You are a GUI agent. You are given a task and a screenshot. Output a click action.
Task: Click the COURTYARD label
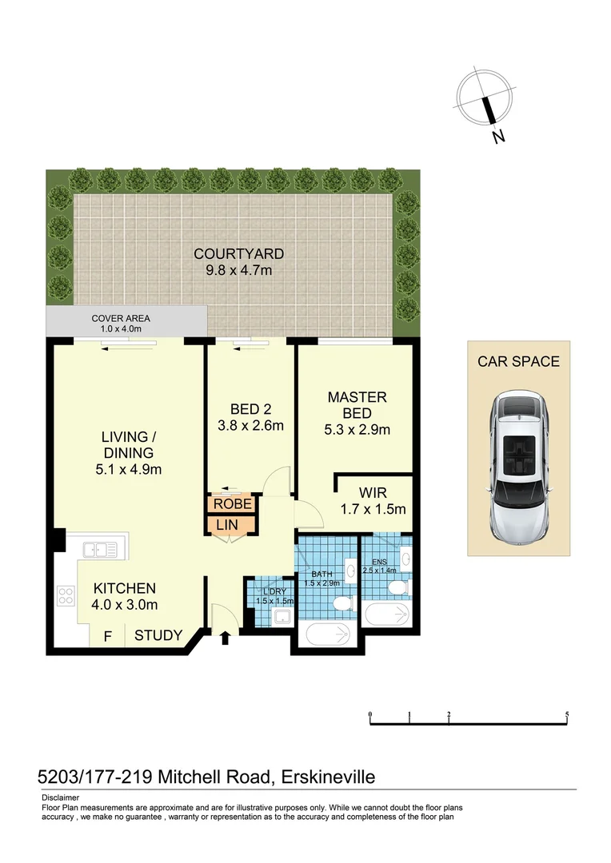coord(238,254)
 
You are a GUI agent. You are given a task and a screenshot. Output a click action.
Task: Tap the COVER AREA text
coord(120,318)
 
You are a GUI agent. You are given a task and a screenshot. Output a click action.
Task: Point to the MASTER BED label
coord(357,405)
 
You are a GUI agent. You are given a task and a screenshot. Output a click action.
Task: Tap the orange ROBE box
coord(233,504)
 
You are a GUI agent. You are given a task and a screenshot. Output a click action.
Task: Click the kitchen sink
coord(100,550)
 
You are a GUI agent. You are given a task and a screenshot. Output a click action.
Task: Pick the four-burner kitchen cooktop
coord(66,595)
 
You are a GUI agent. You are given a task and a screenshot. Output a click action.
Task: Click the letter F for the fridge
coord(106,636)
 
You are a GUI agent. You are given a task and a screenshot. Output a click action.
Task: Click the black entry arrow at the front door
coord(225,637)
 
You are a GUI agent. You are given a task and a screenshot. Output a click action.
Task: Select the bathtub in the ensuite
coord(387,615)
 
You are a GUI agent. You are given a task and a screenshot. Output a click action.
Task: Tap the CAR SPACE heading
coord(518,361)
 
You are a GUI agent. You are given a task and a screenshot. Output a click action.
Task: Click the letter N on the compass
coord(498,137)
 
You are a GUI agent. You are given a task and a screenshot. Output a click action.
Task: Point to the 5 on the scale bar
coord(566,714)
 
